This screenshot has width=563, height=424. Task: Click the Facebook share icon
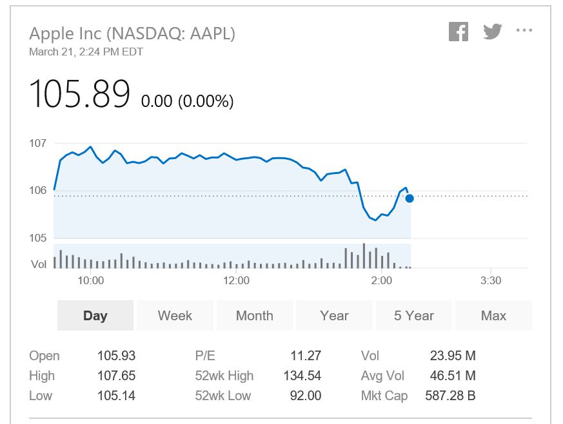(459, 32)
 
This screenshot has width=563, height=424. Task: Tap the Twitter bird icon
(492, 31)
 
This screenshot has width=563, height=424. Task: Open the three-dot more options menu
(524, 30)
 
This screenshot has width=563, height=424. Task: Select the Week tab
(175, 316)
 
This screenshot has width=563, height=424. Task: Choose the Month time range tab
(255, 316)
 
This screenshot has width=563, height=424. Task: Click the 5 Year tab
(413, 316)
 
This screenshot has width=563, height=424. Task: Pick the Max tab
(493, 316)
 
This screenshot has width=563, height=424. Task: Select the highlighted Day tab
(95, 316)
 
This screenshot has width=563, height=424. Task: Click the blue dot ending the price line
(410, 198)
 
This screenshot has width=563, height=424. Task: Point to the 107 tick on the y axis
(37, 143)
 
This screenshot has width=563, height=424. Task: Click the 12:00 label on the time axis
(236, 280)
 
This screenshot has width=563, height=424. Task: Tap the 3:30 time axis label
(491, 280)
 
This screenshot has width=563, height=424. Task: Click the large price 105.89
(79, 93)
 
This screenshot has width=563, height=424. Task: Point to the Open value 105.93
(116, 356)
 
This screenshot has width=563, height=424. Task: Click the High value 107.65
(116, 376)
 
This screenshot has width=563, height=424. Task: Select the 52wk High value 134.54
(302, 376)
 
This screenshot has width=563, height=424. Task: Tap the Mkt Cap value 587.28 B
(450, 396)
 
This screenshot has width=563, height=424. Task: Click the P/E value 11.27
(306, 356)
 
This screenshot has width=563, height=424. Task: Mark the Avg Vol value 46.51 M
(453, 376)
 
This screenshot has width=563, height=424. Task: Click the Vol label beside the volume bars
(39, 264)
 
